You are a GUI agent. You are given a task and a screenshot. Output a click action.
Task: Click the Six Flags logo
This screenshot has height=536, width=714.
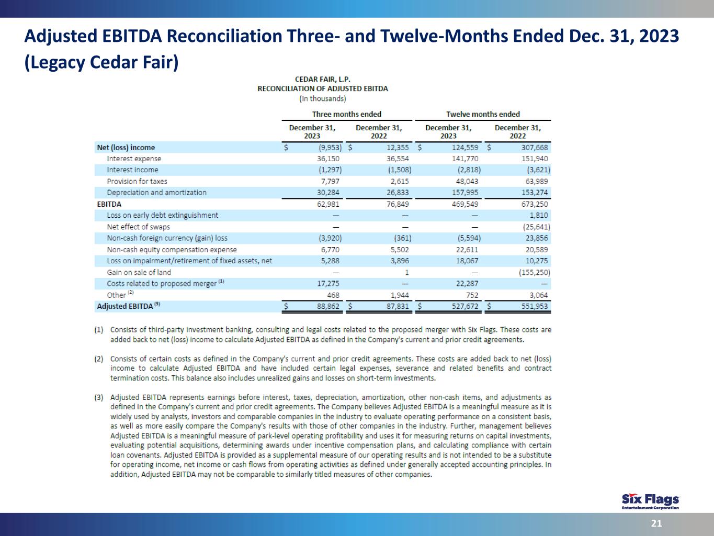coord(650,501)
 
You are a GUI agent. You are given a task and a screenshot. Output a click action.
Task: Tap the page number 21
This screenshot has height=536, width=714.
coord(656,523)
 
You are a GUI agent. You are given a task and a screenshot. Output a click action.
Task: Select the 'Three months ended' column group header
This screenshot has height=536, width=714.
coord(346,114)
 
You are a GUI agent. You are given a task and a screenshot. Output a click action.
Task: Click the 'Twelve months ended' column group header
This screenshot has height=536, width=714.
coord(483,114)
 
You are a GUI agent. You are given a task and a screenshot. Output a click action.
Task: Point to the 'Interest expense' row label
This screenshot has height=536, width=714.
coord(134,159)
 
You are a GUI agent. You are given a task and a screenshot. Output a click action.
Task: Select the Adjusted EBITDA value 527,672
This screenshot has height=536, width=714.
coord(465,306)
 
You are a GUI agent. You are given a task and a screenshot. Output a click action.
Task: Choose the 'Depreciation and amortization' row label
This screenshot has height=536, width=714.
coord(156,193)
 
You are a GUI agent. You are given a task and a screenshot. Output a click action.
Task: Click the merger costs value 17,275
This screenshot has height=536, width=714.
coord(328,283)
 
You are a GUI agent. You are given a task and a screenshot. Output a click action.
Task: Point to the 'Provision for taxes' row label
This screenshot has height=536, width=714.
coord(137,181)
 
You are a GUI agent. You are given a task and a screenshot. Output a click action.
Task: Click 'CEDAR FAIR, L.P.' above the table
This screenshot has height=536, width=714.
coord(323,80)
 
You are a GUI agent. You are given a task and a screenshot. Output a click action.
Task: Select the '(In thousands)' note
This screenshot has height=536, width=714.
coord(323,98)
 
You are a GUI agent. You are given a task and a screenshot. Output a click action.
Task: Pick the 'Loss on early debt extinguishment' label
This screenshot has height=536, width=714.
coord(162,215)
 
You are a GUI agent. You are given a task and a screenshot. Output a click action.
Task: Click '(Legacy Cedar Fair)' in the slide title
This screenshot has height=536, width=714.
coord(101,62)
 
